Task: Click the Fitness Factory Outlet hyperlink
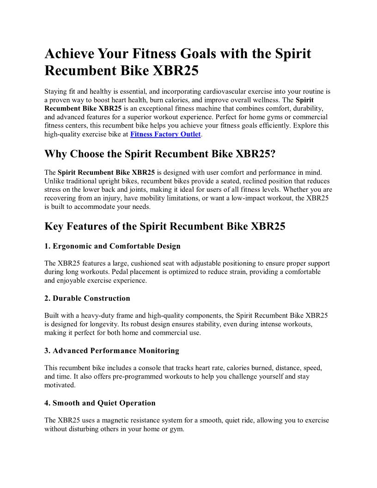pos(165,134)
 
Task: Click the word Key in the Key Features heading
pos(55,226)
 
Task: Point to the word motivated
pos(60,384)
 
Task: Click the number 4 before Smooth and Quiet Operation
pos(47,403)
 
